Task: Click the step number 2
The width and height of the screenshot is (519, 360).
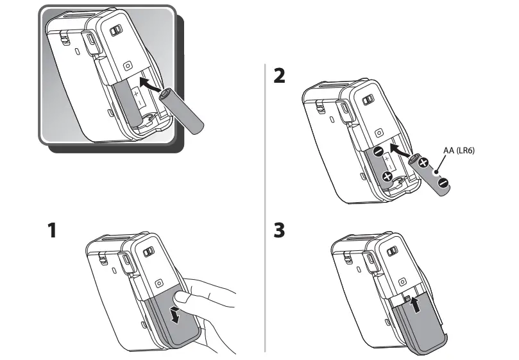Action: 279,75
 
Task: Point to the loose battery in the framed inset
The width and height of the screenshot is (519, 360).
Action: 182,110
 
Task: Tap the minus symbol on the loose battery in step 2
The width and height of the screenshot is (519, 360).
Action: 443,183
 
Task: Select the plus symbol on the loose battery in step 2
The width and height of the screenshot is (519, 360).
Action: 423,162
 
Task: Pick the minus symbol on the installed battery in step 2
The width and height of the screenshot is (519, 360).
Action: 379,152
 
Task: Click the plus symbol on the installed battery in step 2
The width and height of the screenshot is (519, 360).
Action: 387,176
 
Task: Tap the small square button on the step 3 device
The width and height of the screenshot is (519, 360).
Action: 401,281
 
